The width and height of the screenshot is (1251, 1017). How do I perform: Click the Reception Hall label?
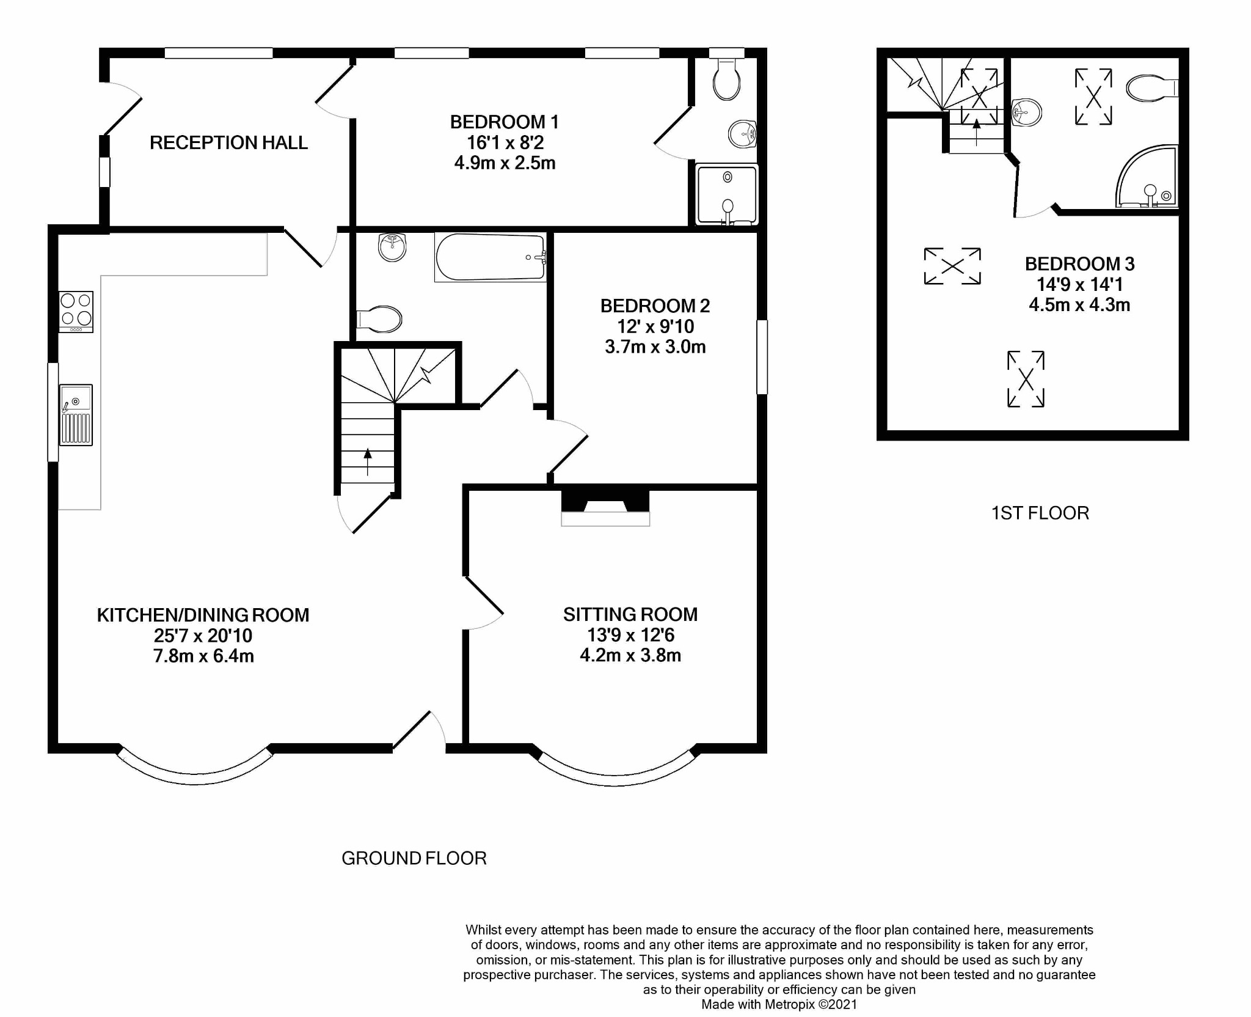pos(228,142)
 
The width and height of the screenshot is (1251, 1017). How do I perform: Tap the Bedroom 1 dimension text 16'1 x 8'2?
pos(505,142)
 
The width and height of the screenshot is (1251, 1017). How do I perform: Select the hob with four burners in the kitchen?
pos(76,312)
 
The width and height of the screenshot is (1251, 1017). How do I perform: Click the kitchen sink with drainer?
pos(76,415)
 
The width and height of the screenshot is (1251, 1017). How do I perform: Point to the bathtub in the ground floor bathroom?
pos(491,257)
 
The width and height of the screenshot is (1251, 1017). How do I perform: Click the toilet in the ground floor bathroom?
pos(379,319)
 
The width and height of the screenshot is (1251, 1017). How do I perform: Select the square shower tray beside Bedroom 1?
pos(727,194)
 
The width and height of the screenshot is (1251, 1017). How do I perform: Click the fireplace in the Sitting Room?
pos(605,507)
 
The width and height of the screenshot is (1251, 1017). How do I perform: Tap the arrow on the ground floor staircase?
pos(368,462)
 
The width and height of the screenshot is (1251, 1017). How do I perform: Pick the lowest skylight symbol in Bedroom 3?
pos(1026,379)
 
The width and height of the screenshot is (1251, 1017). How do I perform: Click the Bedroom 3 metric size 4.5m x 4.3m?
pos(1079,305)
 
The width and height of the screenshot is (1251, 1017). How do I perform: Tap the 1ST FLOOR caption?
pos(1040,513)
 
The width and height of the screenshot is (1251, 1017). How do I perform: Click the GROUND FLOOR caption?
pos(414,858)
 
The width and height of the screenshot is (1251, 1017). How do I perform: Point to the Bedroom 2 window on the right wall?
pos(762,357)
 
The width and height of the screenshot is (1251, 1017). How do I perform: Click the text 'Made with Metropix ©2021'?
pos(779,1005)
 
